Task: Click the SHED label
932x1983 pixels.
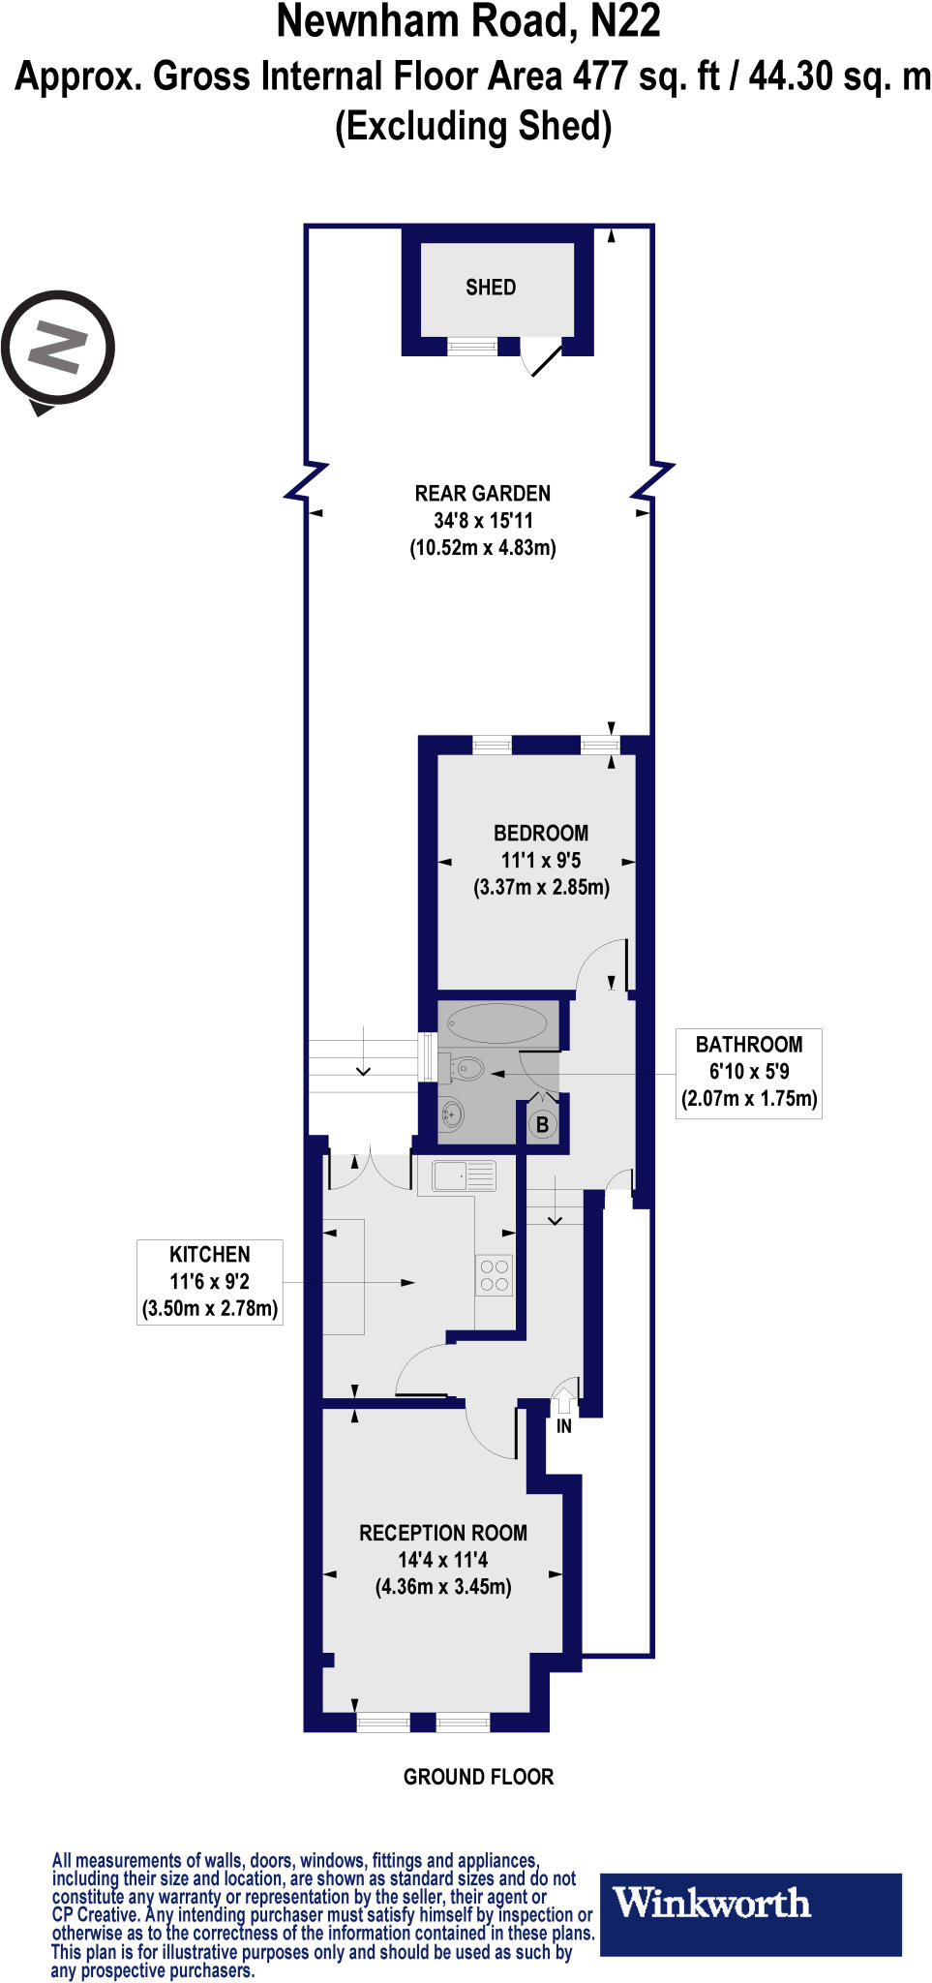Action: point(491,288)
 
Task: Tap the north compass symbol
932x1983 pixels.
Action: point(58,348)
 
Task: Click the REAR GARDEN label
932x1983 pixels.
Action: point(482,494)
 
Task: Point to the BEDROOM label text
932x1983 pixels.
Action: point(540,834)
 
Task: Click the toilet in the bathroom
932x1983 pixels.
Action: point(466,1069)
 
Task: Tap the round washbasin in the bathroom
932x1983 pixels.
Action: point(451,1114)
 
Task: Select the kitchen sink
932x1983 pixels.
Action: point(464,1175)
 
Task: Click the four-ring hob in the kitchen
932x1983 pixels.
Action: point(494,1275)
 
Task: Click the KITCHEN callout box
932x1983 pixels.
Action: point(210,1282)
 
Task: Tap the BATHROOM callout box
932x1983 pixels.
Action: point(749,1073)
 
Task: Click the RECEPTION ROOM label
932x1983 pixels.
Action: point(443,1533)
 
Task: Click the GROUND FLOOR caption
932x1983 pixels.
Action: point(478,1777)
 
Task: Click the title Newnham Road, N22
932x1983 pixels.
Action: point(468,22)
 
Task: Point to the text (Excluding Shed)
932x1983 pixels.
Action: point(473,127)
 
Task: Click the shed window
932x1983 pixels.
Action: point(472,347)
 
